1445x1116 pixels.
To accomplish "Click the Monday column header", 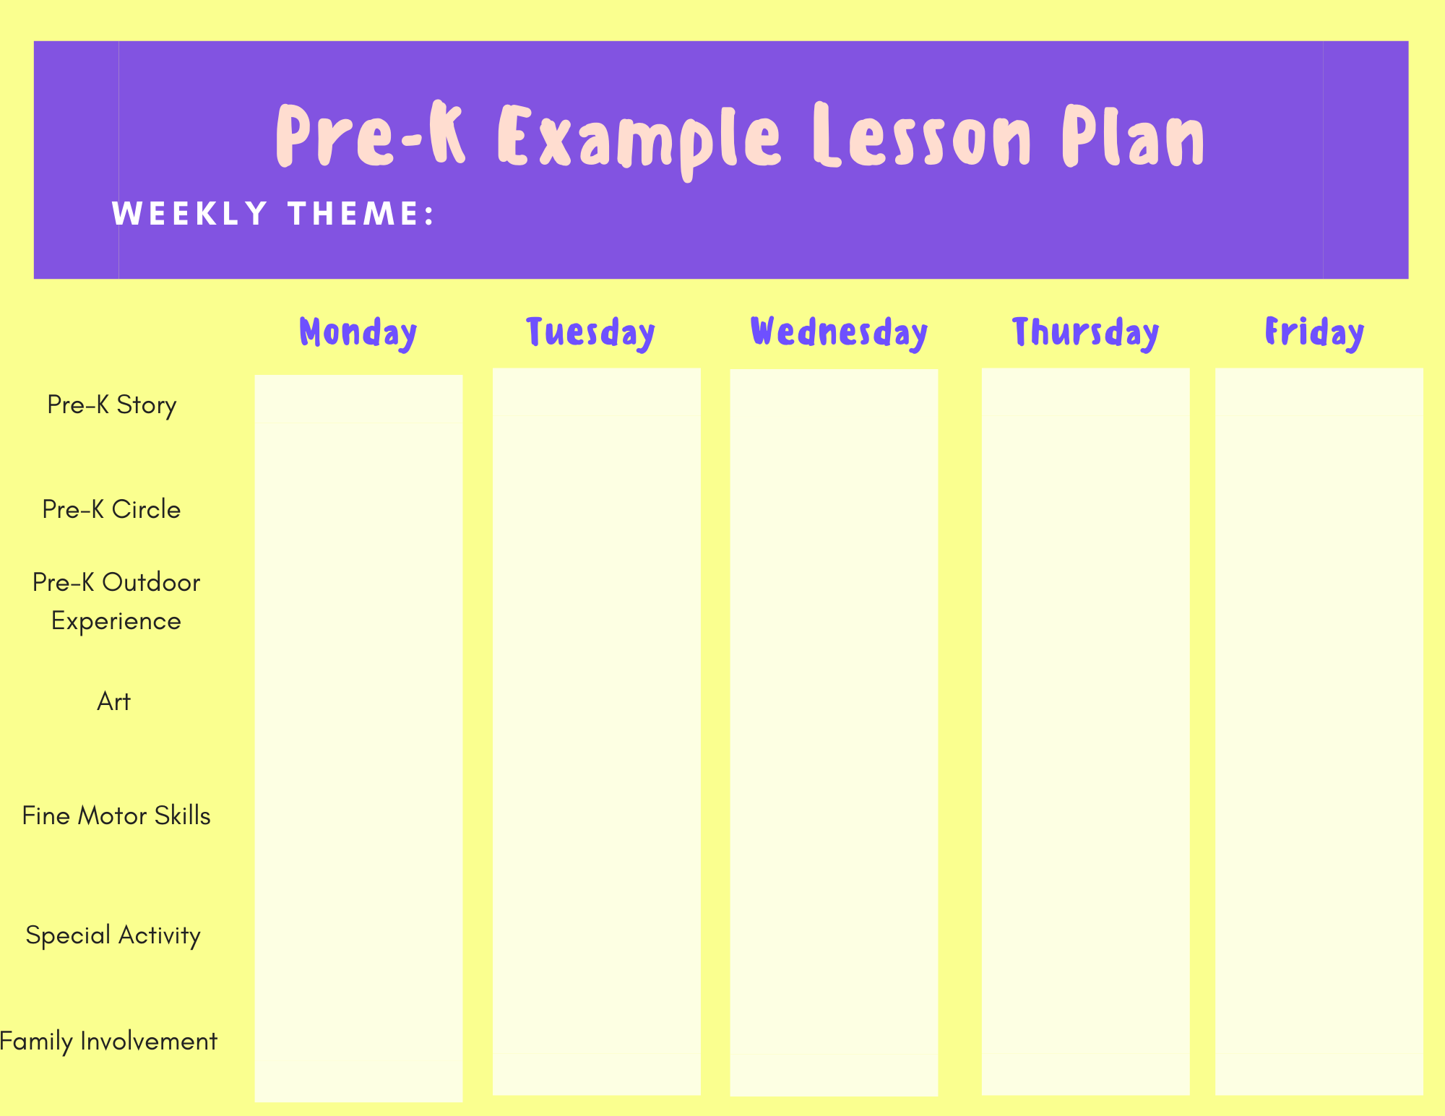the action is click(x=358, y=333).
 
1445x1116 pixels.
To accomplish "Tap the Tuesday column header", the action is click(x=591, y=333).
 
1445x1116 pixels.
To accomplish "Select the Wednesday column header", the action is click(x=839, y=333).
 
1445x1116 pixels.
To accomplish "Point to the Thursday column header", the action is click(x=1085, y=333).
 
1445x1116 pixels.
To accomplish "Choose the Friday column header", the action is click(x=1314, y=333).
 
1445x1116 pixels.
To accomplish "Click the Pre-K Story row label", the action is click(x=112, y=405).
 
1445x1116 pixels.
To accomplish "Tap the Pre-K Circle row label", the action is click(x=111, y=509).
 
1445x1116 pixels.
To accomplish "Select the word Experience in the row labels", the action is click(x=116, y=621).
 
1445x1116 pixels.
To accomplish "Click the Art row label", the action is click(x=113, y=701).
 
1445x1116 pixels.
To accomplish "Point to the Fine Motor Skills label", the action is click(x=116, y=816).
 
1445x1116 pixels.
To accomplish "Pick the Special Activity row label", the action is click(x=113, y=935).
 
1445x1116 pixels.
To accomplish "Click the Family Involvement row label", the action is click(x=108, y=1042).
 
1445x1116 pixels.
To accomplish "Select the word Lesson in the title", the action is click(x=921, y=136).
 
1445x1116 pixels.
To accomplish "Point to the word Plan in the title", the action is click(x=1134, y=136).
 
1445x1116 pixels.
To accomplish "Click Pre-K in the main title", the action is click(x=371, y=136).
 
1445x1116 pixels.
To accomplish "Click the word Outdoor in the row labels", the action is click(x=151, y=582).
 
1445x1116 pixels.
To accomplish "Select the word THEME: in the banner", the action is click(x=361, y=214).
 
